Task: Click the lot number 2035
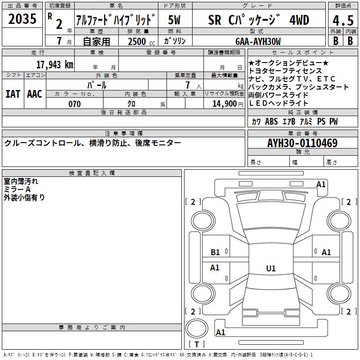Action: pyautogui.click(x=22, y=19)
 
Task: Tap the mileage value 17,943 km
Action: pyautogui.click(x=54, y=64)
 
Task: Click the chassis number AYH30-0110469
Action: pyautogui.click(x=302, y=143)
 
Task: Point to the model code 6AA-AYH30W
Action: pyautogui.click(x=258, y=41)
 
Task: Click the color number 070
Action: pyautogui.click(x=74, y=104)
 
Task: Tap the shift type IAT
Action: pyautogui.click(x=13, y=94)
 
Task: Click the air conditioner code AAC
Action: pyautogui.click(x=35, y=94)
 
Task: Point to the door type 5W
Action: pyautogui.click(x=175, y=20)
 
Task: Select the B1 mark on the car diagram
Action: pyautogui.click(x=216, y=252)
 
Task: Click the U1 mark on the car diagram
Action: pyautogui.click(x=270, y=269)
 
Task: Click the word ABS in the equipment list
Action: pyautogui.click(x=271, y=121)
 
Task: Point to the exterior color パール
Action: pyautogui.click(x=96, y=85)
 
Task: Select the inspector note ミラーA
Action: pyautogui.click(x=18, y=189)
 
